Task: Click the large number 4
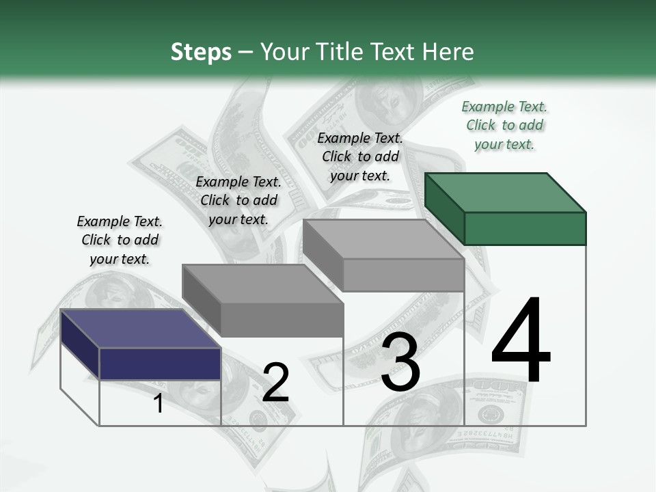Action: (x=521, y=341)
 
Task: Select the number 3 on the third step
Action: (x=400, y=363)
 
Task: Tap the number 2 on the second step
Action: (x=275, y=383)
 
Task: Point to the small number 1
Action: (x=158, y=404)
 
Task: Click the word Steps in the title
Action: (x=201, y=52)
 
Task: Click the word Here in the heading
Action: (x=448, y=52)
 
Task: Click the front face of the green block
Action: (x=525, y=228)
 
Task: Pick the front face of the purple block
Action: (x=160, y=364)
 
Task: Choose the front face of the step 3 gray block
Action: (x=403, y=275)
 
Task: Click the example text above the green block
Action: (x=504, y=125)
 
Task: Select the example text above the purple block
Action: (x=120, y=240)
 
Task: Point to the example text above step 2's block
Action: (x=238, y=200)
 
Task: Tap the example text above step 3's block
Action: (x=360, y=156)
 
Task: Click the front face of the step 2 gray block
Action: (x=282, y=320)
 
